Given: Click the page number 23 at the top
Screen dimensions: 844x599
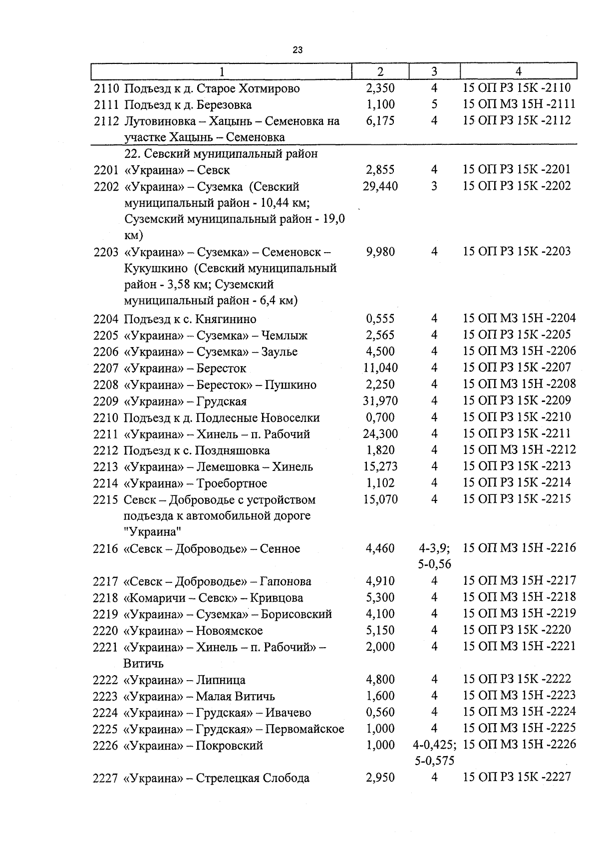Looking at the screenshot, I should [x=298, y=50].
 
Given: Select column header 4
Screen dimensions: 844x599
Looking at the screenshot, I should [x=518, y=71].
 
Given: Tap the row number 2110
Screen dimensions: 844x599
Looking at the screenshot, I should [x=106, y=89].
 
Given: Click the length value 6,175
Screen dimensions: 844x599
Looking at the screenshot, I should [x=380, y=121].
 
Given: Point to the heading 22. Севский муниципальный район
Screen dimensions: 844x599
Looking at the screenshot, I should [x=221, y=154].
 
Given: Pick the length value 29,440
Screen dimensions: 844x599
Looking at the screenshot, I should [x=380, y=186].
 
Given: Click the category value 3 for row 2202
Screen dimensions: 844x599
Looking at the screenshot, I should [x=434, y=186].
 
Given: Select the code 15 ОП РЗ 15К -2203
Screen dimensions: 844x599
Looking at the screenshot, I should [x=517, y=251].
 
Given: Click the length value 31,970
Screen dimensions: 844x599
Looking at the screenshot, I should [x=380, y=401].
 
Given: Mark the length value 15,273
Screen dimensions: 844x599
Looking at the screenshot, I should [x=380, y=467].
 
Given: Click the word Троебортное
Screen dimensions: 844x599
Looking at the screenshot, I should [x=231, y=483].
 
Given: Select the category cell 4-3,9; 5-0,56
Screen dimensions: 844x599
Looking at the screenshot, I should [x=434, y=556].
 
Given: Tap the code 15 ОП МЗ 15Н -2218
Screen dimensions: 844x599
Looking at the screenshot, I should [x=519, y=597].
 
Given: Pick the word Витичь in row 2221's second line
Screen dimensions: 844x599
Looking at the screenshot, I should [x=143, y=664].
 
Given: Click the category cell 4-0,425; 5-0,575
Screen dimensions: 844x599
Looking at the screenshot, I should [x=434, y=753].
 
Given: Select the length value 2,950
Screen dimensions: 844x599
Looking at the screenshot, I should [x=380, y=778].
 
